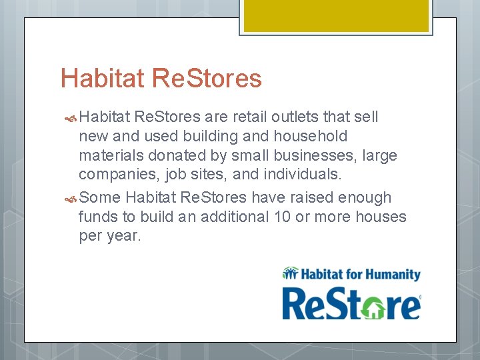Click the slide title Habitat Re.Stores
(161, 79)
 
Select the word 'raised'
(313, 198)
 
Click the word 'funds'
(97, 217)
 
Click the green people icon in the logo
(290, 273)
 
